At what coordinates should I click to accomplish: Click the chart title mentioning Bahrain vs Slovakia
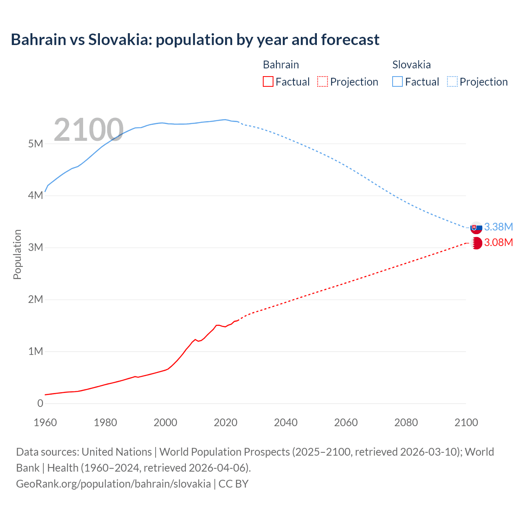coord(195,40)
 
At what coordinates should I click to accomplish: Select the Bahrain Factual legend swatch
coord(268,81)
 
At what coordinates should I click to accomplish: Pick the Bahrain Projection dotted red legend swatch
coord(323,81)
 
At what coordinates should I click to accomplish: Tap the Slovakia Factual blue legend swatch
coord(398,81)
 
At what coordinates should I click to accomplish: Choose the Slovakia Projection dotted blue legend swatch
coord(452,81)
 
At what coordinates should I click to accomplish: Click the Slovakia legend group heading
coord(411,65)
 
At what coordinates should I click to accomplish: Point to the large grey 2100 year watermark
coord(88,130)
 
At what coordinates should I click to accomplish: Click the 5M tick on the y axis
coord(36,144)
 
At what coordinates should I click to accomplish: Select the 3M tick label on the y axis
coord(36,247)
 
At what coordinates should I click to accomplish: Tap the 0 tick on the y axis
coord(40,403)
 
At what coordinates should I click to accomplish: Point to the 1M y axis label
coord(36,351)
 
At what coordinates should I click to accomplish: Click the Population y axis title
coord(17,254)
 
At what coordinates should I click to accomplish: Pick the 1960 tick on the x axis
coord(45,422)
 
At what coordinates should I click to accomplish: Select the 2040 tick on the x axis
coord(286,422)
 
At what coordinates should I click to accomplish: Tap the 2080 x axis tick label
coord(406,422)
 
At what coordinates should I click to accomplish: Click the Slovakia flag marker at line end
coord(476,228)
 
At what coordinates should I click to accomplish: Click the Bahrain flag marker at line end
coord(476,243)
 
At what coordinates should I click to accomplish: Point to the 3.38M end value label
coord(499,227)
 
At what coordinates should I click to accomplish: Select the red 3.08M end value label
coord(499,242)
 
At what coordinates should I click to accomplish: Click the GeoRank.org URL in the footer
coord(113,483)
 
